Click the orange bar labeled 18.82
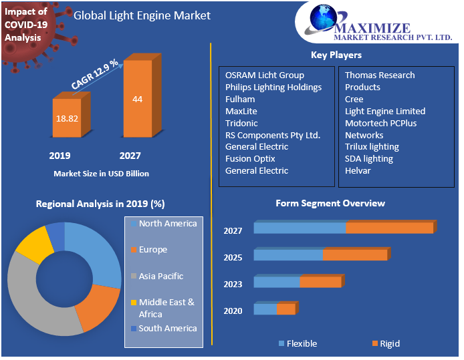pyautogui.click(x=67, y=118)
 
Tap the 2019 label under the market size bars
pyautogui.click(x=60, y=156)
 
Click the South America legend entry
pyautogui.click(x=168, y=328)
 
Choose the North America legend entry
pyautogui.click(x=168, y=224)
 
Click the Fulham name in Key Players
pyautogui.click(x=240, y=99)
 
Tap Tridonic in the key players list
pyautogui.click(x=241, y=123)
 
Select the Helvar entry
pyautogui.click(x=358, y=170)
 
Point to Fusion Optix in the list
pyautogui.click(x=250, y=158)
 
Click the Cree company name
pyautogui.click(x=354, y=99)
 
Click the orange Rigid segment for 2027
pyautogui.click(x=389, y=228)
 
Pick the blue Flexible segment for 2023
pyautogui.click(x=277, y=282)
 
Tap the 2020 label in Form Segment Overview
pyautogui.click(x=233, y=310)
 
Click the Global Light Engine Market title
pyautogui.click(x=142, y=15)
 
